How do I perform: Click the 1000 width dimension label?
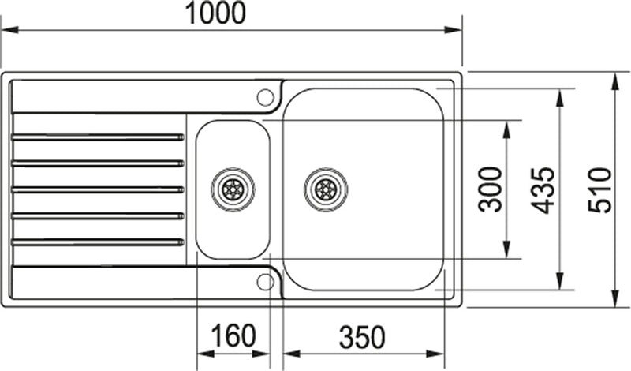[215, 13]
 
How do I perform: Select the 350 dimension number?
[362, 338]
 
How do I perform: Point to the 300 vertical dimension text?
[491, 189]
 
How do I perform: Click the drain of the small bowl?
[233, 189]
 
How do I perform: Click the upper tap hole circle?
[266, 97]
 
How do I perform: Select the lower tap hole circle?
[266, 281]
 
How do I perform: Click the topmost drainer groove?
[99, 137]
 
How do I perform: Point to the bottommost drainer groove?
[99, 242]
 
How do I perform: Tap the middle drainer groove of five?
[99, 189]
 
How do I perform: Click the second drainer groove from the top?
[99, 163]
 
